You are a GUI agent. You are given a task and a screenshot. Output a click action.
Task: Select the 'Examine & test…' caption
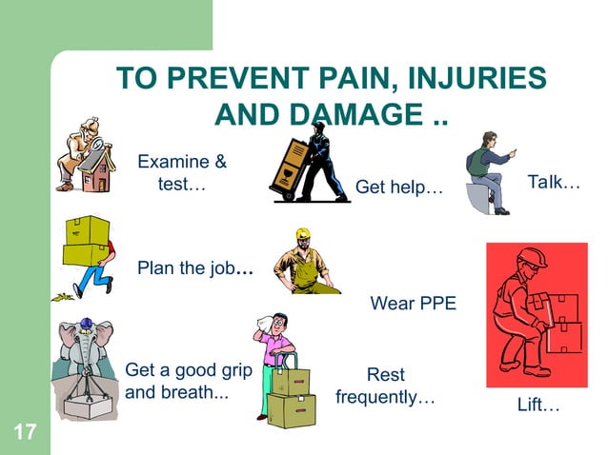tap(182, 172)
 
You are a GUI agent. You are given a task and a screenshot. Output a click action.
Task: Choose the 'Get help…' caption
tap(399, 188)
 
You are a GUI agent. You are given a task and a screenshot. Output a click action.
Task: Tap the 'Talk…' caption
tap(554, 181)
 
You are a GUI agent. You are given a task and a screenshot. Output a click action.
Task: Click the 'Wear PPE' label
tap(413, 305)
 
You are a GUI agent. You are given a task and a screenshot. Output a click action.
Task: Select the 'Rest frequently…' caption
tap(385, 386)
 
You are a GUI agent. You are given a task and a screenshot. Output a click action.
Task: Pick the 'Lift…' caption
tap(537, 406)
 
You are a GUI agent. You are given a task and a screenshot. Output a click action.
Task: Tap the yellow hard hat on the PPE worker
tap(303, 234)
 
